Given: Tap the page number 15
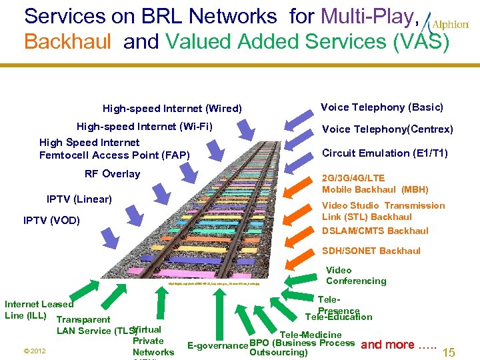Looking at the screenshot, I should (449, 352).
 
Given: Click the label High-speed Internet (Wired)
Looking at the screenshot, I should (172, 109).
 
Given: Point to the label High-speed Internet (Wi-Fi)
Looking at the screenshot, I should (145, 126).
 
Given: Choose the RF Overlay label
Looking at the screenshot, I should (112, 174).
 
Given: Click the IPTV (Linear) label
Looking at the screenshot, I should (79, 199).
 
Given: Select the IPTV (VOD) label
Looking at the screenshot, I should (51, 220).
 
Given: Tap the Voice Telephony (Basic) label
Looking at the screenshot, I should (382, 107).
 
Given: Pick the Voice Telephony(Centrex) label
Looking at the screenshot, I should (387, 129).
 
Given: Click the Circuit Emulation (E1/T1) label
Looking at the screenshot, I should (385, 153).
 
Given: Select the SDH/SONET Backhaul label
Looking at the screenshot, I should (371, 251).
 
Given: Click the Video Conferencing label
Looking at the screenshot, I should (355, 275).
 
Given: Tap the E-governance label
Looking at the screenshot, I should (217, 345).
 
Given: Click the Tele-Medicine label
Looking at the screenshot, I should (311, 335).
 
